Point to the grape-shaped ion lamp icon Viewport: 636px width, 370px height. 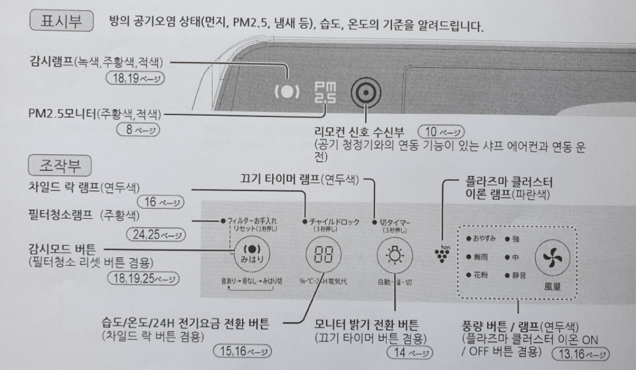coord(439,252)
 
